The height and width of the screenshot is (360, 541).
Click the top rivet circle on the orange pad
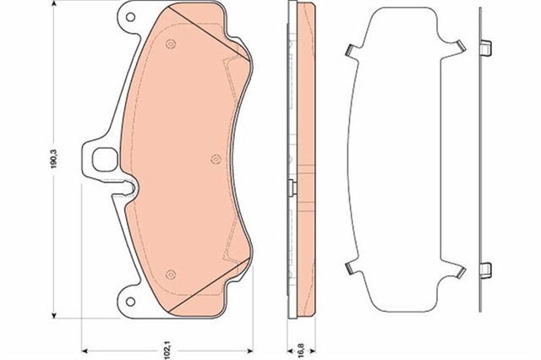172,45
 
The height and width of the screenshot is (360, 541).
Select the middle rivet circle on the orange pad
214,157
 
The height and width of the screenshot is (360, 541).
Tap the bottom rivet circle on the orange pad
172,271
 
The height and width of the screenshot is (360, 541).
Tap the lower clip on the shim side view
485,270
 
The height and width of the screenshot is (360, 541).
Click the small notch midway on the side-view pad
291,187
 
